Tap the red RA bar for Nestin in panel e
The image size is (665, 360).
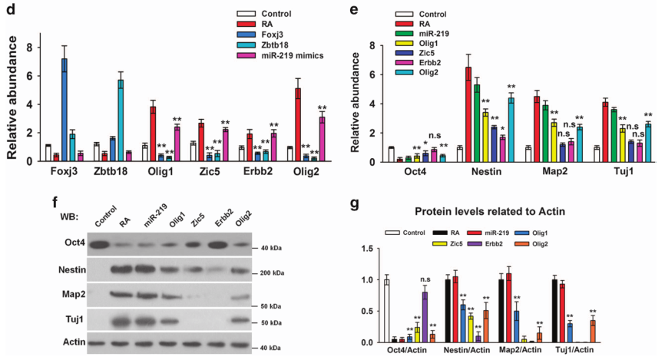468,114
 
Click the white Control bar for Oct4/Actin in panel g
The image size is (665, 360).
386,311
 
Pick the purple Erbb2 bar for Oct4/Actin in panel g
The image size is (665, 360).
424,317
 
